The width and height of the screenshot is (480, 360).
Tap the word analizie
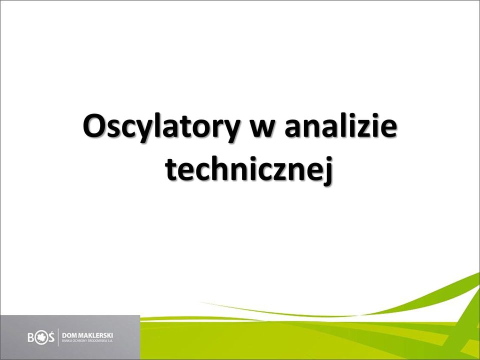pos(340,125)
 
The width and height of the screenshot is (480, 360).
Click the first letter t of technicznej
pos(171,171)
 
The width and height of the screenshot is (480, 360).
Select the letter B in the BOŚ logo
pos(31,337)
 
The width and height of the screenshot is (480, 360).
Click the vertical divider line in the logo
pos(58,337)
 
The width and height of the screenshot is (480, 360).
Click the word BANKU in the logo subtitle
pos(66,340)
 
